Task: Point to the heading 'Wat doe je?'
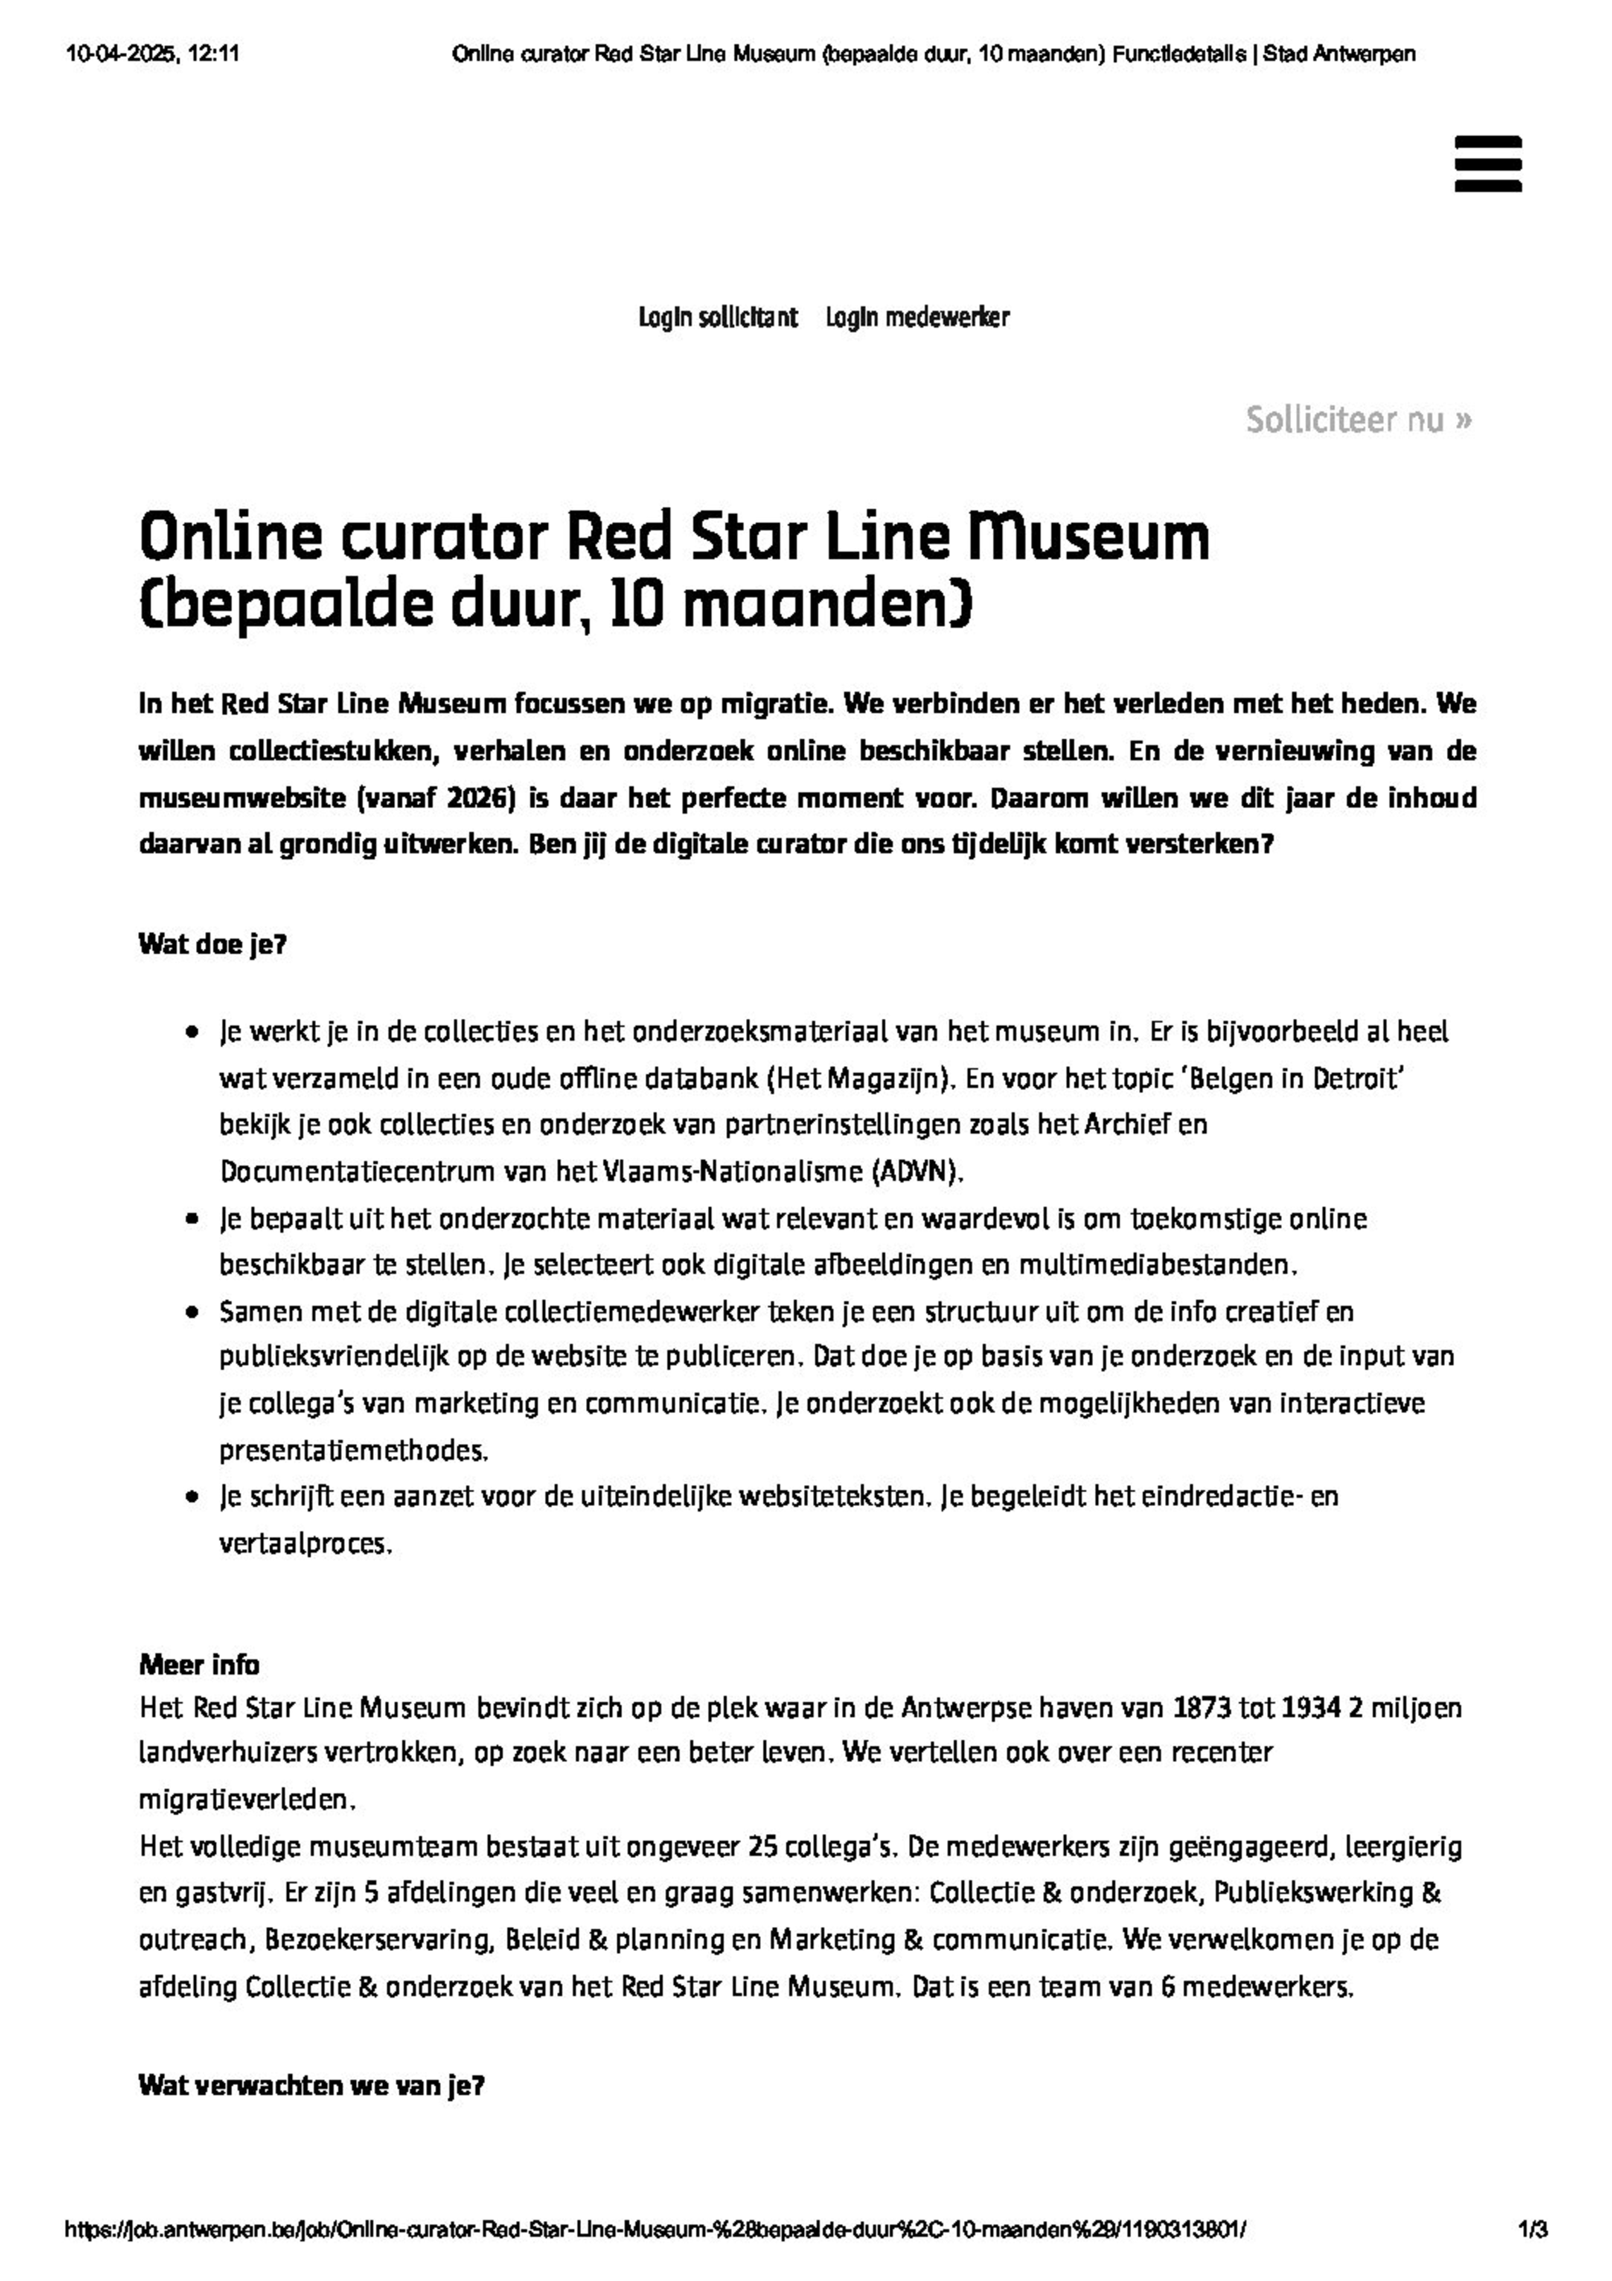coord(213,944)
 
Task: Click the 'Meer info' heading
coord(199,1664)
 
